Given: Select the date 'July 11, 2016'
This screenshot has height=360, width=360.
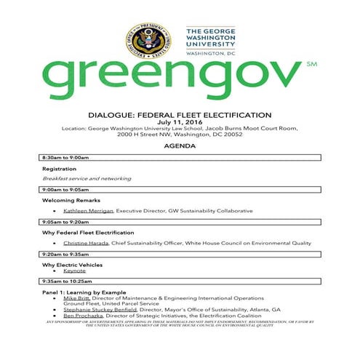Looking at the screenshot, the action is pyautogui.click(x=180, y=122).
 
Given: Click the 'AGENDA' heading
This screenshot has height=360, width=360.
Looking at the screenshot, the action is pyautogui.click(x=180, y=146).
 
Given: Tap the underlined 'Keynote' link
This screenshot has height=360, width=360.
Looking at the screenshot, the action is pyautogui.click(x=74, y=270).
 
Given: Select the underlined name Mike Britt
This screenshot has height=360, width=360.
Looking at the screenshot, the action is pyautogui.click(x=76, y=298).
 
